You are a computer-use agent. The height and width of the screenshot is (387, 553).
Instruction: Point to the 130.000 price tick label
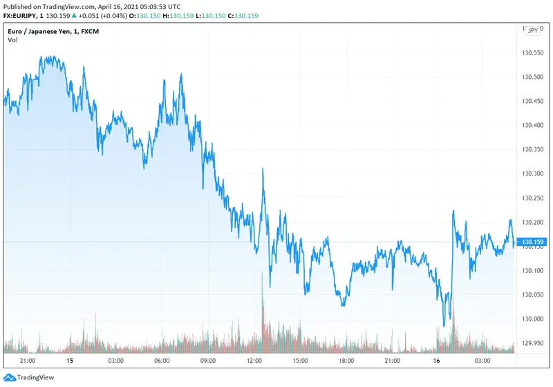point(534,318)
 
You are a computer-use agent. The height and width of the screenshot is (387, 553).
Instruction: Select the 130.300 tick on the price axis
point(534,173)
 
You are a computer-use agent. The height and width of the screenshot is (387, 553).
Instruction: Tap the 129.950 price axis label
point(534,342)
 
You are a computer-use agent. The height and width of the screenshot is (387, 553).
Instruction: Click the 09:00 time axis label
point(207,361)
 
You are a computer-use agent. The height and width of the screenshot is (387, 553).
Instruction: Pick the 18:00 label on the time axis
point(346,361)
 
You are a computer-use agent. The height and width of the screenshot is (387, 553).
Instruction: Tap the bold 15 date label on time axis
point(69,361)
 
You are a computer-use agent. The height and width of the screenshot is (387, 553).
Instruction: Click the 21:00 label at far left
point(28,361)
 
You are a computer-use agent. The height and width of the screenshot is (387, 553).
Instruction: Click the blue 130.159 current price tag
point(533,242)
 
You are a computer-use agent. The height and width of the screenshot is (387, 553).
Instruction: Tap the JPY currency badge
point(533,31)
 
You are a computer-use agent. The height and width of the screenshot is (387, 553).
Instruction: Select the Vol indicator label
point(12,40)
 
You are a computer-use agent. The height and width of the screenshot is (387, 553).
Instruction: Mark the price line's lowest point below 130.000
point(444,325)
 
